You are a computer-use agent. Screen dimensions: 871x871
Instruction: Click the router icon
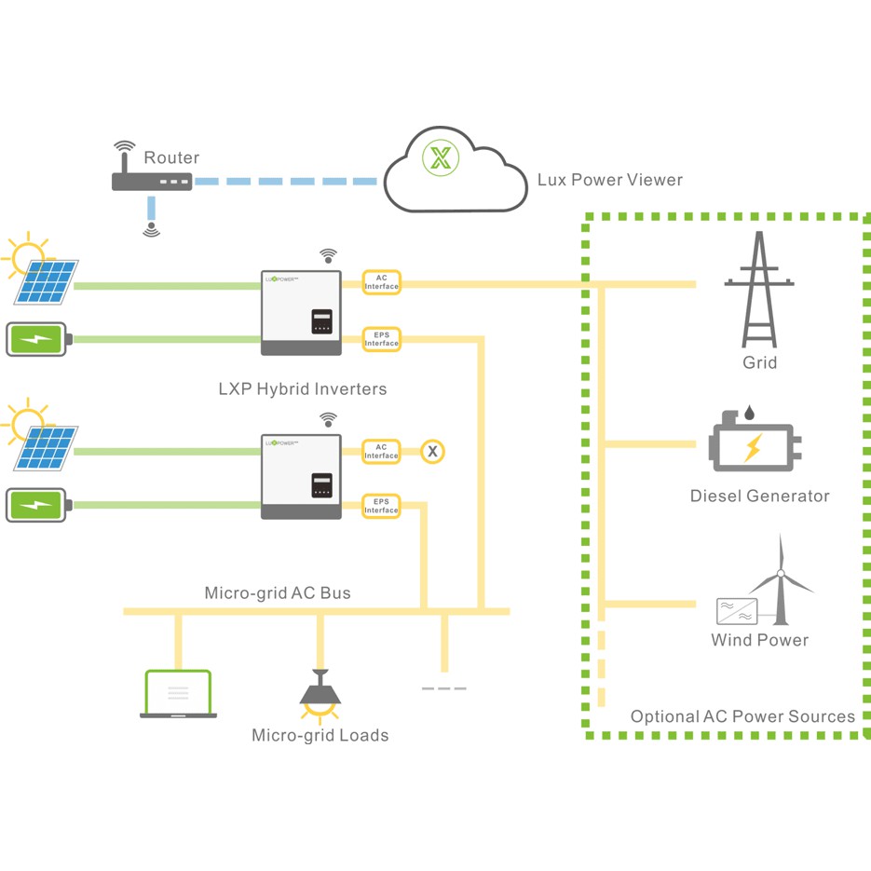coord(152,180)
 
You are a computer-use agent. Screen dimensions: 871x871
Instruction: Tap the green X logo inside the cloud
coord(441,157)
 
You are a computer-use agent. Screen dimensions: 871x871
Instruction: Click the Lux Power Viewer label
coord(609,180)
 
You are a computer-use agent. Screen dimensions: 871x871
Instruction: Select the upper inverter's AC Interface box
coord(381,282)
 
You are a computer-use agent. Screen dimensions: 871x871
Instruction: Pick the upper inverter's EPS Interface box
coord(381,339)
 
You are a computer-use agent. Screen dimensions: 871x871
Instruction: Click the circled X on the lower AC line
coord(431,452)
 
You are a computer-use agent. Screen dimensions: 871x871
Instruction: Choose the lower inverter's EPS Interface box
coord(381,507)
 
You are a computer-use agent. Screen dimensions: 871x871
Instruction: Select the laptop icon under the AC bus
coord(178,694)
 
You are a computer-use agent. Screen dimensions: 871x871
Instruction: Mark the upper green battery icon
coord(38,339)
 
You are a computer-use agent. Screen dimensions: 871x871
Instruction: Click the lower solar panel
coord(46,450)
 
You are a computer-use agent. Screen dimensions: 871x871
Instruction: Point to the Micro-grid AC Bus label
coord(278,592)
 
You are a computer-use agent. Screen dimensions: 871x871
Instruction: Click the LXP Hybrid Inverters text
coord(302,388)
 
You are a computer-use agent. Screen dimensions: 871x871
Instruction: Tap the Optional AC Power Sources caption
coord(742,716)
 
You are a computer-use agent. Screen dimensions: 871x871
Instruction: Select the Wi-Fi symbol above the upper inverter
coord(327,254)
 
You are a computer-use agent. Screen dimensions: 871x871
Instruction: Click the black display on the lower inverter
coord(322,485)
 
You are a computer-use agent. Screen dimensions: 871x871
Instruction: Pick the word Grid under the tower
coord(759,362)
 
